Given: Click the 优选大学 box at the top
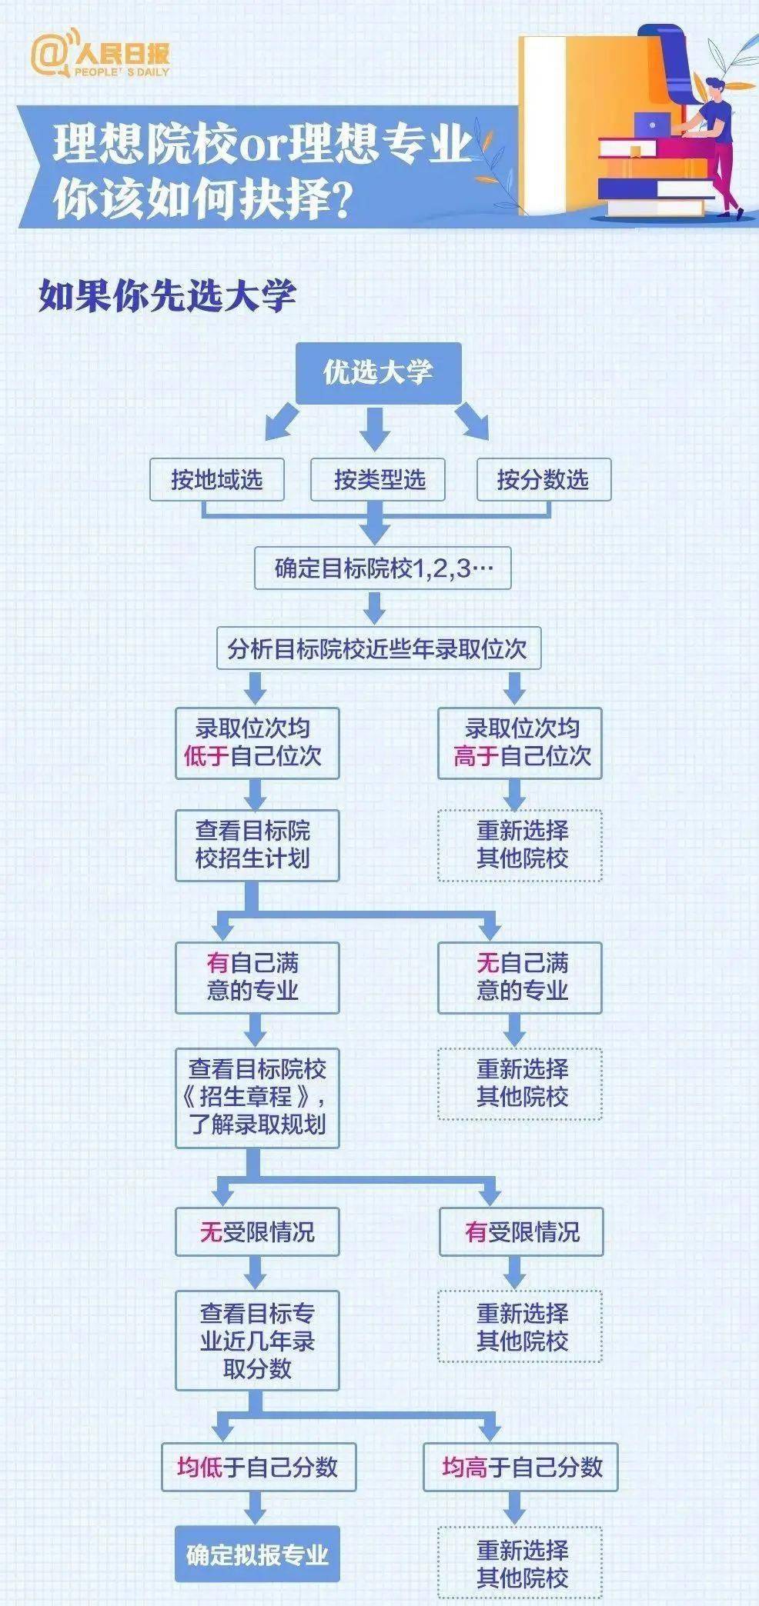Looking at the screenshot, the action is [x=379, y=373].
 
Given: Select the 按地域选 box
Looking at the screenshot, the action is [x=217, y=479].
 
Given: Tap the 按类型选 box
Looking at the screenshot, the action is [x=378, y=479].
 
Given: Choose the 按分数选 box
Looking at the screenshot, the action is [x=543, y=479].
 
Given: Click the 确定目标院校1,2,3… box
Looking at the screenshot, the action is [x=383, y=568].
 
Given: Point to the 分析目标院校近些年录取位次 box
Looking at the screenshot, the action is [x=379, y=648].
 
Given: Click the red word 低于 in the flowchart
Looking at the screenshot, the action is [x=206, y=755].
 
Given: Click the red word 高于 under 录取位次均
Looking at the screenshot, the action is [x=476, y=755].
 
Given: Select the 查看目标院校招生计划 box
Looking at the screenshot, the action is [x=257, y=845].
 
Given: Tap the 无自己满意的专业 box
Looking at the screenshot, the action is [x=520, y=977].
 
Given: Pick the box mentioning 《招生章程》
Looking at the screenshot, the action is [x=257, y=1098].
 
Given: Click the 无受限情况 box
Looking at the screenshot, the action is [x=257, y=1232].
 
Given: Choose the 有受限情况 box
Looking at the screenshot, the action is [x=521, y=1232].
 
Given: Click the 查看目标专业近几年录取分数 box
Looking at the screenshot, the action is [x=257, y=1341].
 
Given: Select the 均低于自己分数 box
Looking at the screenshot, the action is [x=257, y=1468].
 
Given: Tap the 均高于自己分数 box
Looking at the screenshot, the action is [x=521, y=1468].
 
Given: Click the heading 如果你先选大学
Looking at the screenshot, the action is [x=167, y=295].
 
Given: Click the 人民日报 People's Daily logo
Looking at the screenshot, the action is [x=100, y=52].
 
